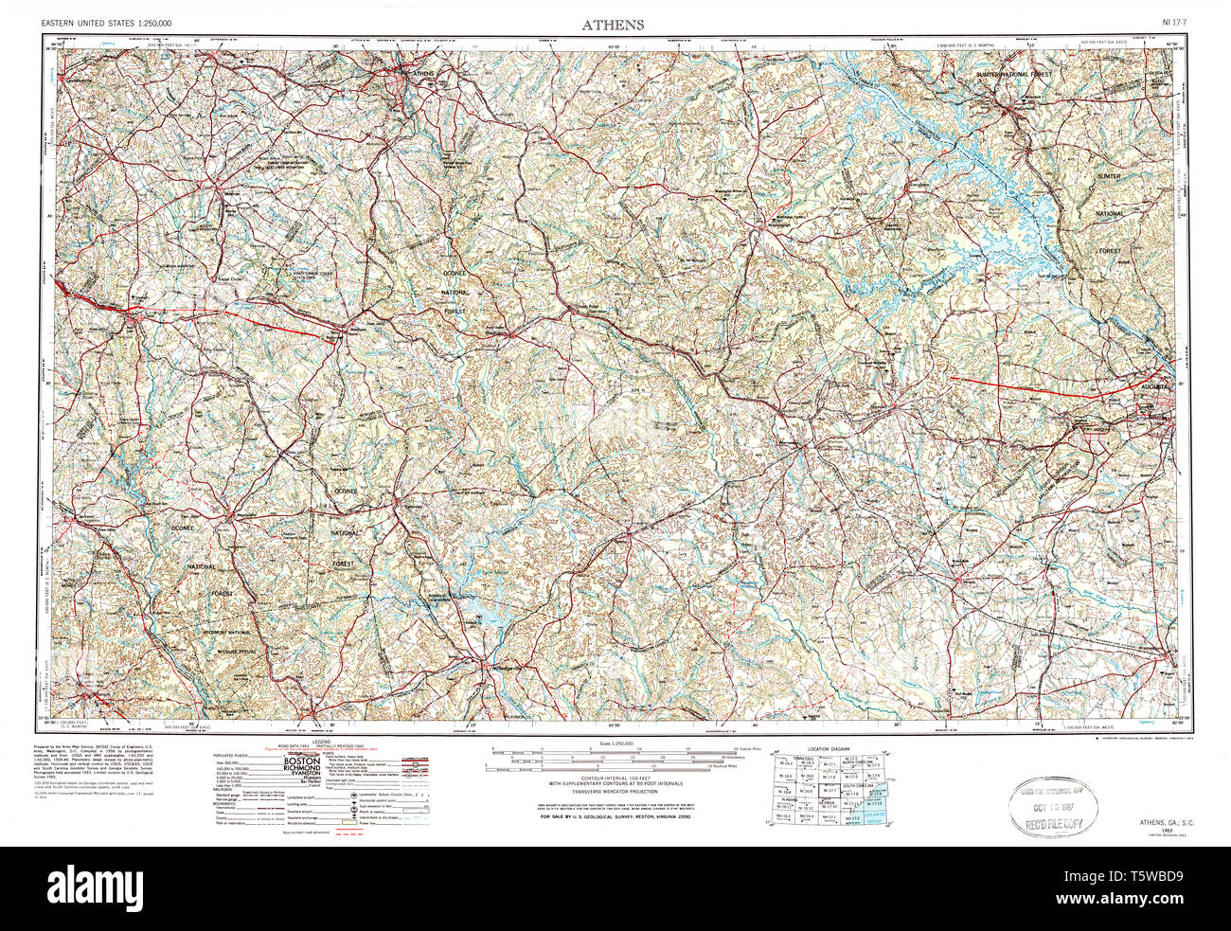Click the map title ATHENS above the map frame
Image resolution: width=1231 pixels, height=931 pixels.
click(x=615, y=25)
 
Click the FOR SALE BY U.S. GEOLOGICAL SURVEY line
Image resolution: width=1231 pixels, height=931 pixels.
click(x=615, y=815)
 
